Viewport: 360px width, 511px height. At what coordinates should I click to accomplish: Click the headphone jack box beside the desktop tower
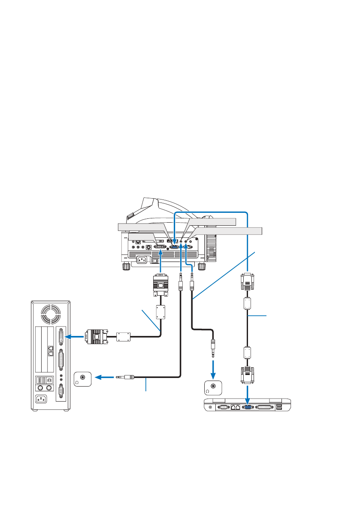(83, 378)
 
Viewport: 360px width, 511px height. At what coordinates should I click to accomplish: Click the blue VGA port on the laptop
(248, 407)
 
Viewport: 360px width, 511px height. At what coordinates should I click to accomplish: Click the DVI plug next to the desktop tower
(97, 336)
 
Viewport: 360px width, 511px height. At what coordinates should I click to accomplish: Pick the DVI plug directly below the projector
(160, 286)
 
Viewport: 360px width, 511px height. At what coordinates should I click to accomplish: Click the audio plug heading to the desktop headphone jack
(126, 378)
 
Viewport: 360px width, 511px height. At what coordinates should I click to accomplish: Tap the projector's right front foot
(201, 266)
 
